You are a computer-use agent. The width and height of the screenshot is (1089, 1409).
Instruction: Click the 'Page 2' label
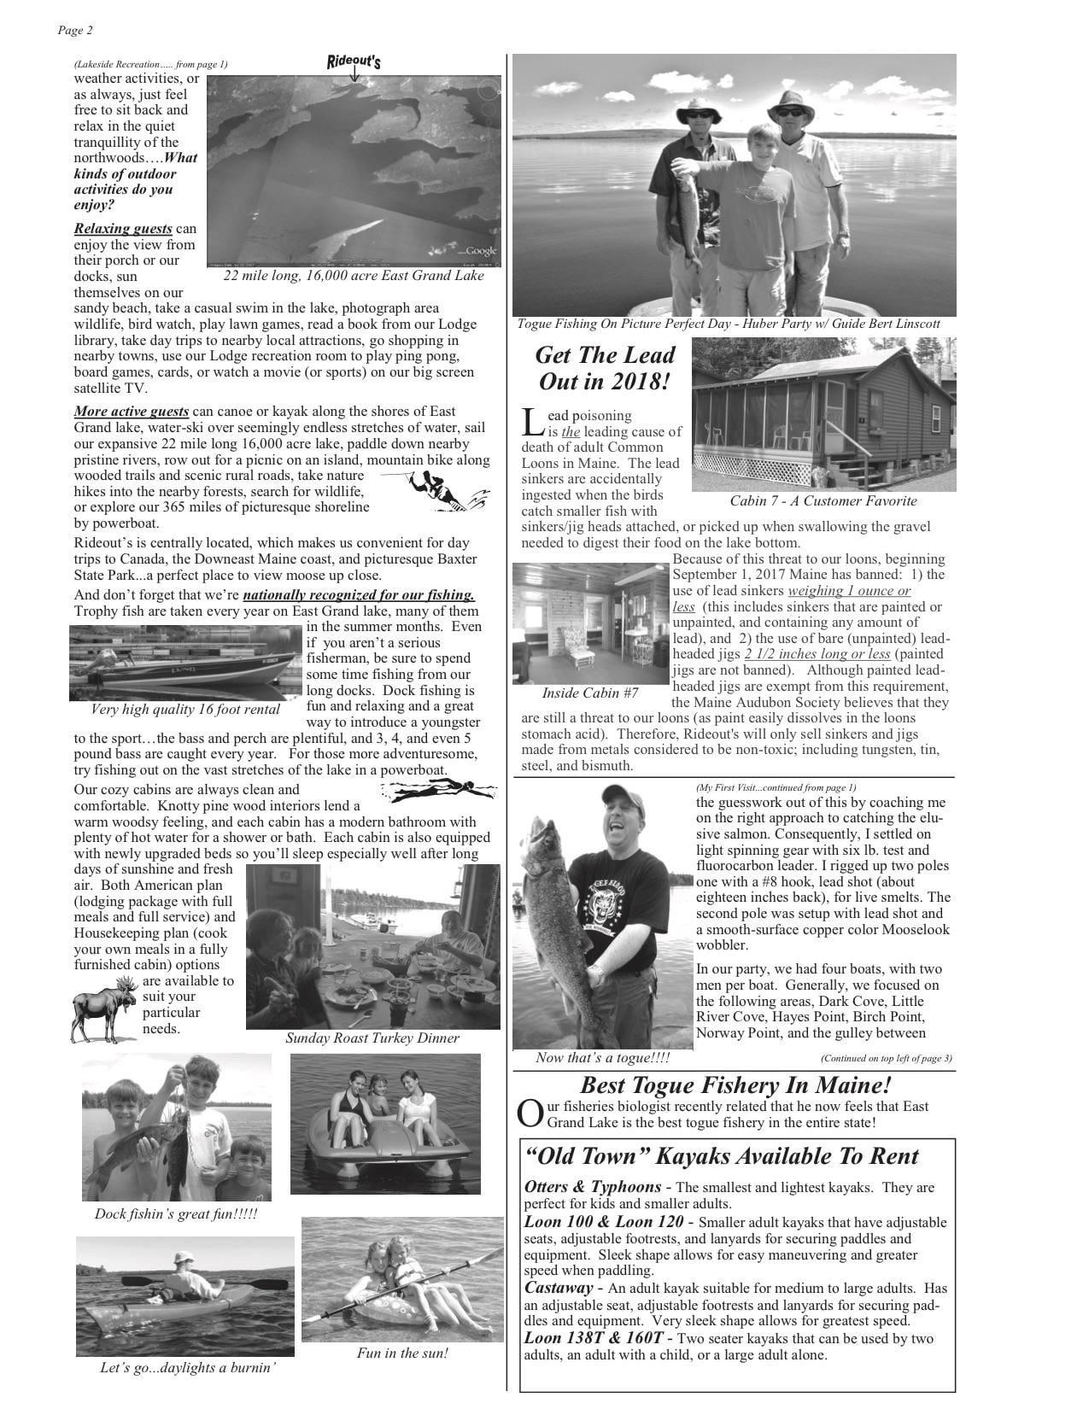[75, 31]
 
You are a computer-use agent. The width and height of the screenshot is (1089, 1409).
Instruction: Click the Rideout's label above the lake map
[354, 61]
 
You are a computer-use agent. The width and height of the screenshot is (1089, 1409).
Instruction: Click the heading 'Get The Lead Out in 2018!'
[605, 368]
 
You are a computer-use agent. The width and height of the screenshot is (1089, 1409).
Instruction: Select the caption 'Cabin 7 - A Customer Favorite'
[823, 501]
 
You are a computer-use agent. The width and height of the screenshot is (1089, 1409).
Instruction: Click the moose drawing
[104, 1010]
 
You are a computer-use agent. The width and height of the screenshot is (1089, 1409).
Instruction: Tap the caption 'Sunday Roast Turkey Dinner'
[372, 1038]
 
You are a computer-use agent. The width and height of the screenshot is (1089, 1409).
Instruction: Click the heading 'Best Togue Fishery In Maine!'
[735, 1085]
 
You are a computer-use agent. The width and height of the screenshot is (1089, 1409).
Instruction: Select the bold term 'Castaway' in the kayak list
[558, 1288]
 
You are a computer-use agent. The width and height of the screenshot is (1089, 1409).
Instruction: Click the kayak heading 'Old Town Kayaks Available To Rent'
[722, 1156]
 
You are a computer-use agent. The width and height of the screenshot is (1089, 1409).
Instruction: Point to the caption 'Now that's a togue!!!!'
[602, 1058]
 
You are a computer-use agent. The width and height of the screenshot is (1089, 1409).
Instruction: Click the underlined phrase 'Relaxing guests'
[123, 229]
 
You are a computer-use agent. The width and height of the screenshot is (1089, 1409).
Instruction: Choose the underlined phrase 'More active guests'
[132, 412]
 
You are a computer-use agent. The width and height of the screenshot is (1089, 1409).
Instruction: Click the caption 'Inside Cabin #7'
[589, 693]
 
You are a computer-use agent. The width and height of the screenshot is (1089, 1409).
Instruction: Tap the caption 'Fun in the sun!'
[402, 1353]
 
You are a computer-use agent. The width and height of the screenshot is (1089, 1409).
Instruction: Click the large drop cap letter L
[531, 421]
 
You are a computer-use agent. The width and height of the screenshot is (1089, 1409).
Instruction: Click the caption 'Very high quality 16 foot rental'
[185, 710]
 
